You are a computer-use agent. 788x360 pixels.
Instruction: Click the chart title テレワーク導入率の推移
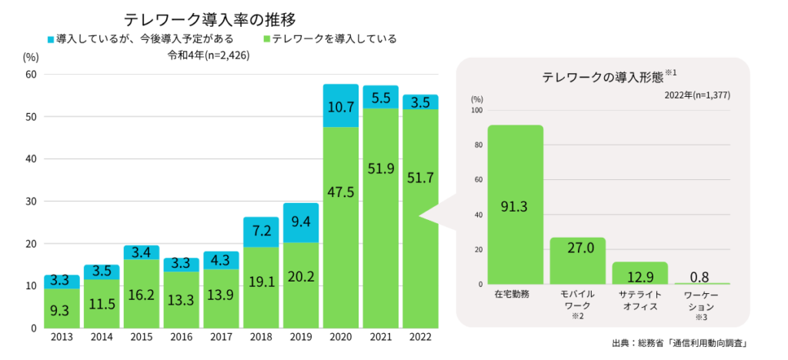[x=209, y=18]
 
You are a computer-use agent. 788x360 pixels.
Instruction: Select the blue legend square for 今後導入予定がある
[x=50, y=38]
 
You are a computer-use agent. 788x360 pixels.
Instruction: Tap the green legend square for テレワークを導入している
[x=265, y=38]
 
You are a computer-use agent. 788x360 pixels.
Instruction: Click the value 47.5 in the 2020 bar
[x=340, y=192]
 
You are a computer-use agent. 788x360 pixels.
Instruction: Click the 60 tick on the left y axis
[x=31, y=75]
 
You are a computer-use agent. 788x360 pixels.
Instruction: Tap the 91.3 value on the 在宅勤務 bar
[x=515, y=207]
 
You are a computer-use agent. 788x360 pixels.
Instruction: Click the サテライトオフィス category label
[x=639, y=300]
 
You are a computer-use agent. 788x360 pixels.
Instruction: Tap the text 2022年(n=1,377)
[x=697, y=95]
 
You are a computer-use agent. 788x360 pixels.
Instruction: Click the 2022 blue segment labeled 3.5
[x=419, y=102]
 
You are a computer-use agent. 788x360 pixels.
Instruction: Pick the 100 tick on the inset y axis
[x=476, y=110]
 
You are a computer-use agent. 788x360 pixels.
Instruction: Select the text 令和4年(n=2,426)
[x=209, y=55]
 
